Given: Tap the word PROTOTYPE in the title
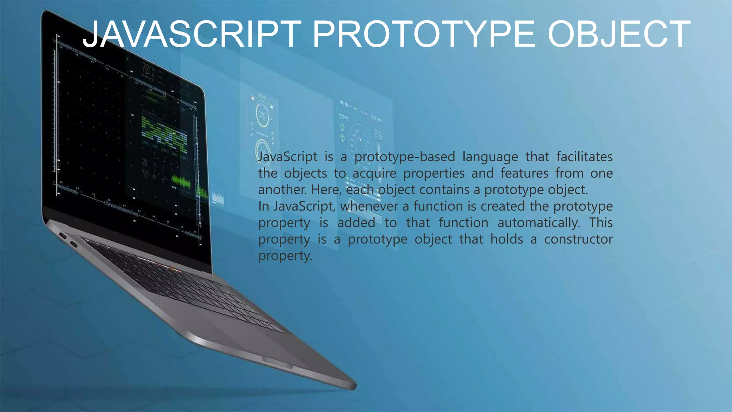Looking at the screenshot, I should [424, 34].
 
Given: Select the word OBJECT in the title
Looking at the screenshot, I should [619, 34].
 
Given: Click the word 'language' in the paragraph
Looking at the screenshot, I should [490, 157].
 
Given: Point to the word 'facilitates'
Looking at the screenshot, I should [584, 157].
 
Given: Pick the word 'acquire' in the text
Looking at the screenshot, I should [374, 173].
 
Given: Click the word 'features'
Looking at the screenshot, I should [524, 173].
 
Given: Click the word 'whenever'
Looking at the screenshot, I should [369, 206].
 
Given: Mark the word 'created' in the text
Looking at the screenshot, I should [503, 206].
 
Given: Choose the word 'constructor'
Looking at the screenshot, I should [578, 239].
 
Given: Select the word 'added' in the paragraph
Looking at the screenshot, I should [356, 223].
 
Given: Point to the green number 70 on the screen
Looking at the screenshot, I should [146, 68].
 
